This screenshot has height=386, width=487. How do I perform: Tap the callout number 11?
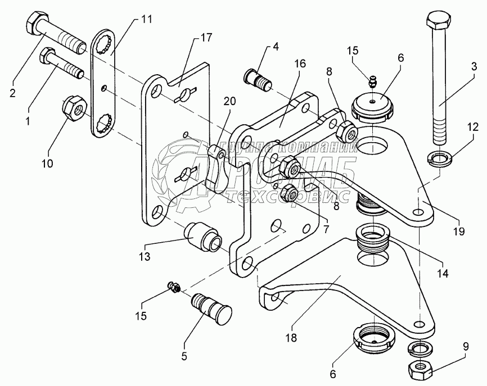(146, 20)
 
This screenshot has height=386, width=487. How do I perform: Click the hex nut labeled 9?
(418, 369)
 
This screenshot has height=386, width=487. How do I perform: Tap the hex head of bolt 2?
(37, 24)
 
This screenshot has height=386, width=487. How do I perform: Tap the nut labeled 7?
(291, 193)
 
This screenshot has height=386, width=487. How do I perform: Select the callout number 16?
(299, 63)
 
